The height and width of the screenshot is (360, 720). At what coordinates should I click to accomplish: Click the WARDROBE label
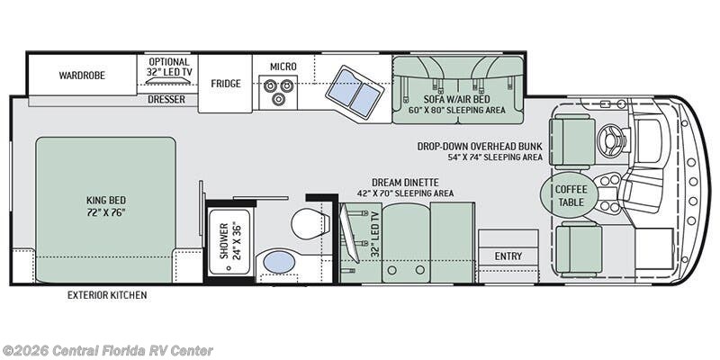click(82, 76)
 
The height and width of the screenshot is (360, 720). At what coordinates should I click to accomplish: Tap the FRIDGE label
click(226, 84)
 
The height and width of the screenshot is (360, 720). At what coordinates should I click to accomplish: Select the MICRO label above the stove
click(283, 67)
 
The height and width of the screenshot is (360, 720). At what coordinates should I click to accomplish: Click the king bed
click(105, 210)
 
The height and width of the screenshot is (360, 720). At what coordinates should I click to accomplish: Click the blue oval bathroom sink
click(279, 262)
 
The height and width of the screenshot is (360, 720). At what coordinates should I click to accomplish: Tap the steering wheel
click(612, 140)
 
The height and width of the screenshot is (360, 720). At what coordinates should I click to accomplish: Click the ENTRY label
click(508, 256)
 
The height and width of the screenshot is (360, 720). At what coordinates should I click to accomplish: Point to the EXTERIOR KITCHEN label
click(107, 295)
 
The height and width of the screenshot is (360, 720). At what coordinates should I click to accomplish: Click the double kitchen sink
click(355, 93)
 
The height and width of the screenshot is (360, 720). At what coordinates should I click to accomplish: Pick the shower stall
click(229, 241)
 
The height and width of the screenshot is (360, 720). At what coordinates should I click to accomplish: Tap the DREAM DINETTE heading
click(406, 183)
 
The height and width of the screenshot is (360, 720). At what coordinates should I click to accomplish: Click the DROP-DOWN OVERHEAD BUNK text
click(480, 147)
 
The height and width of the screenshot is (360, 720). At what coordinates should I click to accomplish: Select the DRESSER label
click(166, 99)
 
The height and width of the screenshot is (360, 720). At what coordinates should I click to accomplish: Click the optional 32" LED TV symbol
click(168, 81)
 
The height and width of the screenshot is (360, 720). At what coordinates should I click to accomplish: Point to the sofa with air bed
click(458, 89)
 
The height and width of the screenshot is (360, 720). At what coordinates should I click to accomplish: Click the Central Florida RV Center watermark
click(106, 351)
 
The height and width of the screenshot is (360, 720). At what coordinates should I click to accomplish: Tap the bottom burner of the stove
click(278, 99)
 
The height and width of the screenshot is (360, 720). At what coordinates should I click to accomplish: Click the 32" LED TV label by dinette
click(375, 234)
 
